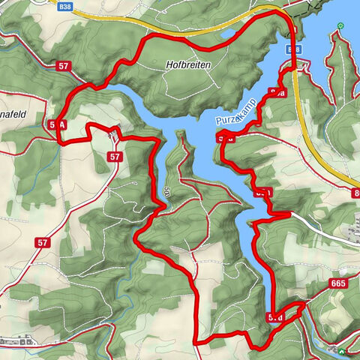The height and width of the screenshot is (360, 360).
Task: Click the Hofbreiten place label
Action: pos(187,65)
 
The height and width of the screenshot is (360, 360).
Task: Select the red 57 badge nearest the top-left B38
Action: pos(64,66)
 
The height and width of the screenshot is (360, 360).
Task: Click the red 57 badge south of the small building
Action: pos(115,157)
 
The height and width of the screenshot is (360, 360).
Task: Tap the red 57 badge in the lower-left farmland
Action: pos(42,242)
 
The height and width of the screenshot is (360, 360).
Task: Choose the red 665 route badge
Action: pos(338,283)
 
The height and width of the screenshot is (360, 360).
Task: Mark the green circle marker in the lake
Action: pos(340,26)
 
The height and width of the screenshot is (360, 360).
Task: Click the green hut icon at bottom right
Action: pos(343,350)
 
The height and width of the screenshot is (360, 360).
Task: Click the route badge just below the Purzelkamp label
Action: pos(226,137)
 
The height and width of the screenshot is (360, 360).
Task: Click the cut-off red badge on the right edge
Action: pos(355,193)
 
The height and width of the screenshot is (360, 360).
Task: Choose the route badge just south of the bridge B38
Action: pos(278,92)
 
